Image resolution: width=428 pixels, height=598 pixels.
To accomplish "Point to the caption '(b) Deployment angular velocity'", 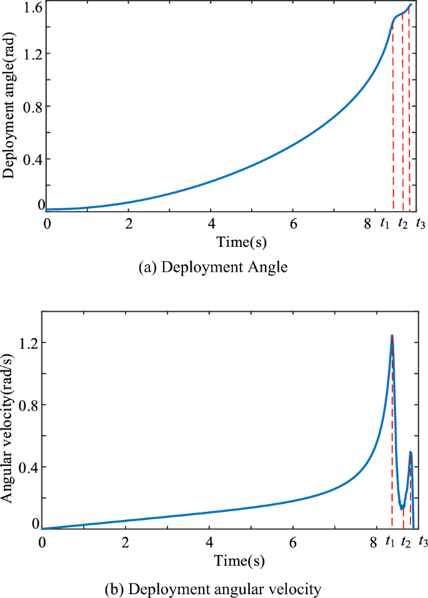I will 214,588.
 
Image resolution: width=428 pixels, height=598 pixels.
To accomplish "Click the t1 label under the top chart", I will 385,223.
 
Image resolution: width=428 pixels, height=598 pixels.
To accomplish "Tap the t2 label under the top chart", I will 403,223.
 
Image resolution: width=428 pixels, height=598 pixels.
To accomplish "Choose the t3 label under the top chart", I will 421,223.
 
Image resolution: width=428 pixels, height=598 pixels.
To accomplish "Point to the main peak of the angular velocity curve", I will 392,336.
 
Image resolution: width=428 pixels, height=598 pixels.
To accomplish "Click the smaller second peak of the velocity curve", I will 411,452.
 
